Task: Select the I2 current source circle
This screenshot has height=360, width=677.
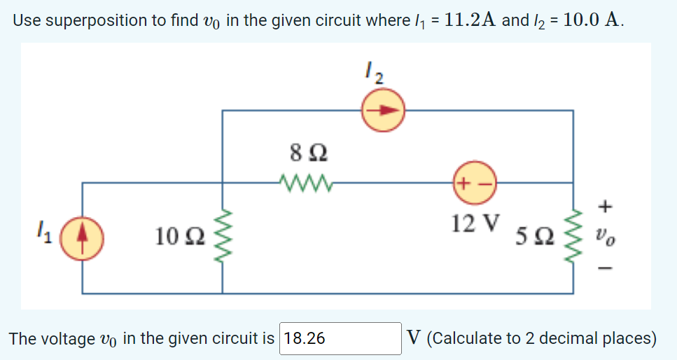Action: click(383, 110)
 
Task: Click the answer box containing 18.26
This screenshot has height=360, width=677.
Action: click(340, 339)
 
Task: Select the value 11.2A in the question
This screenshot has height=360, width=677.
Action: click(470, 20)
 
